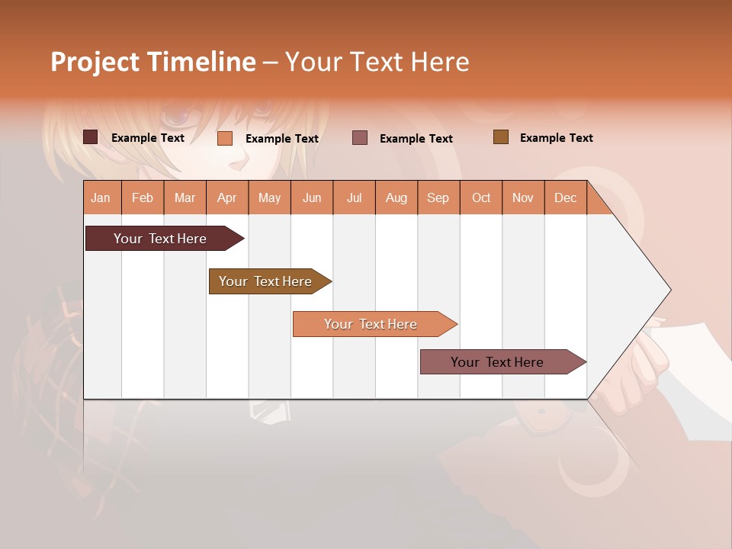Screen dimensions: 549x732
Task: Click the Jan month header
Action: pyautogui.click(x=101, y=197)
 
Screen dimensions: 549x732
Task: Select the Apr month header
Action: pyautogui.click(x=226, y=197)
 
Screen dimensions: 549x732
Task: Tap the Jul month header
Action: pyautogui.click(x=354, y=197)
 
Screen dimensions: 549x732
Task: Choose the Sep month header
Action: pyautogui.click(x=438, y=197)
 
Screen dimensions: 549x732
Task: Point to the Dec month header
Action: pyautogui.click(x=565, y=197)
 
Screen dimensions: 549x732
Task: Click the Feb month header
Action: pyautogui.click(x=143, y=197)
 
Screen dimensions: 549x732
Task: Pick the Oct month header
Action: pyautogui.click(x=481, y=197)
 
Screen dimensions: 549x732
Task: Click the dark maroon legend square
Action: pyautogui.click(x=91, y=137)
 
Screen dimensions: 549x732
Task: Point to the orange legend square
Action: pyautogui.click(x=224, y=138)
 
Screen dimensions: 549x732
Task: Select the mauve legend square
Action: pyautogui.click(x=360, y=137)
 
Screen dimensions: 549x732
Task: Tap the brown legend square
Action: pyautogui.click(x=500, y=137)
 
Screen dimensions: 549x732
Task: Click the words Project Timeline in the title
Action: pyautogui.click(x=152, y=62)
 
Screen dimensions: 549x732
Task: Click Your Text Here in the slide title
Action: pyautogui.click(x=377, y=62)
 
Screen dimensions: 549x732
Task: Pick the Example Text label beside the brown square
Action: pyautogui.click(x=556, y=138)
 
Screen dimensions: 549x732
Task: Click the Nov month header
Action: pyautogui.click(x=523, y=197)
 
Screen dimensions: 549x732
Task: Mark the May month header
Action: pyautogui.click(x=269, y=197)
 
